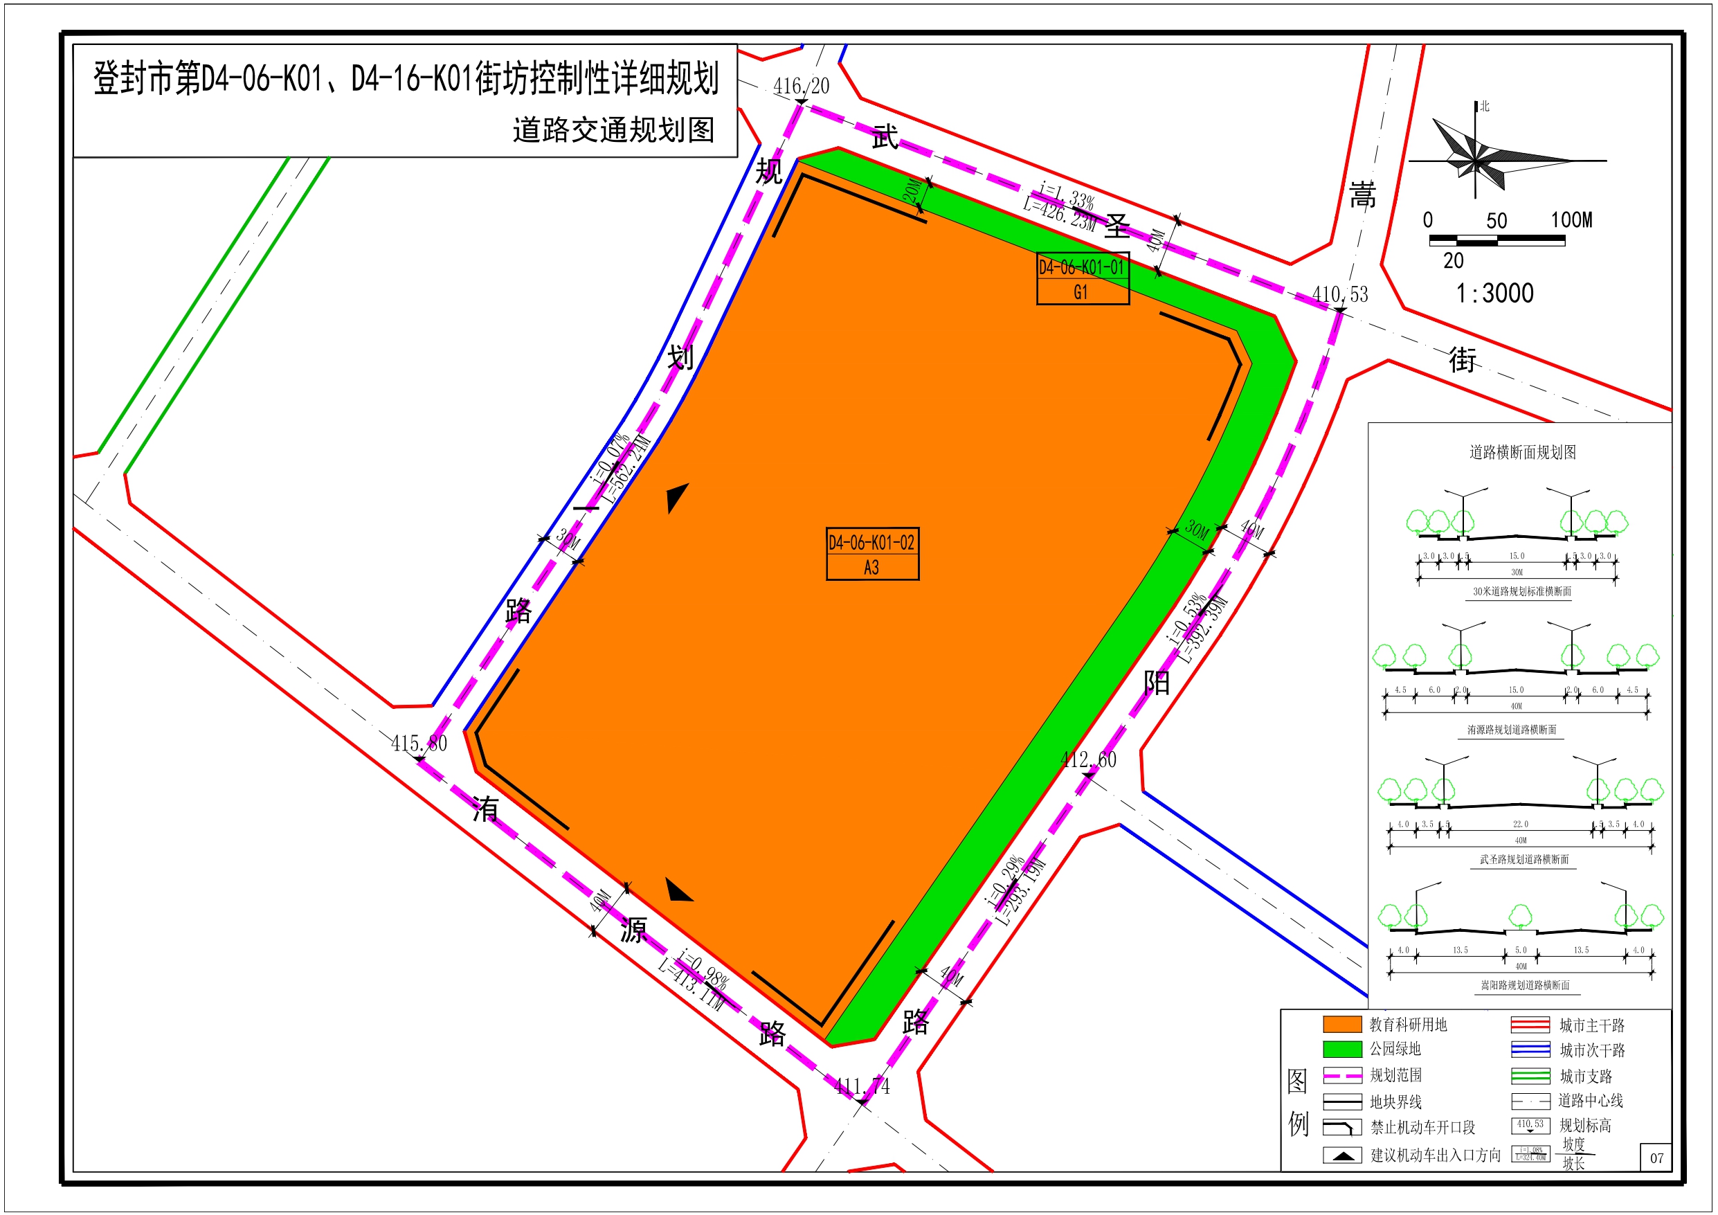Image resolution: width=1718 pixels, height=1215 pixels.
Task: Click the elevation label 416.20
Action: (x=801, y=87)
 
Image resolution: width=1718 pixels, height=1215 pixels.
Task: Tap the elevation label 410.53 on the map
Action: (x=1340, y=295)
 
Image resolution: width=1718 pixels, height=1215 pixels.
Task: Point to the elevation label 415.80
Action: (x=419, y=744)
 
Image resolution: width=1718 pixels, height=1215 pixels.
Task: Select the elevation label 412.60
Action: (x=1088, y=760)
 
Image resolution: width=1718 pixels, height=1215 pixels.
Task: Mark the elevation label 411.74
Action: (x=862, y=1086)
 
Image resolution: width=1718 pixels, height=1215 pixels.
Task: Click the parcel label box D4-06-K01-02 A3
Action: (x=872, y=554)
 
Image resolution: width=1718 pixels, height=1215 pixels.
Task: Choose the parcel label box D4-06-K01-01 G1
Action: (x=1083, y=279)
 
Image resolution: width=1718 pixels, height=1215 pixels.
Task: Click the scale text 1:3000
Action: (x=1494, y=294)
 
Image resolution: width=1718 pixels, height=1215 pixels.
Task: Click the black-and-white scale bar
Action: (x=1497, y=240)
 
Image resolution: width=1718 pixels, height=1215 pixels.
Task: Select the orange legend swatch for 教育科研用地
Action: (x=1342, y=1024)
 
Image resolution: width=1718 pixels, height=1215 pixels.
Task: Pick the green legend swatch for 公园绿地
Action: (x=1342, y=1049)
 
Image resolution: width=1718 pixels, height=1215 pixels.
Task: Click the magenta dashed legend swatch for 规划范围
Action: (x=1342, y=1075)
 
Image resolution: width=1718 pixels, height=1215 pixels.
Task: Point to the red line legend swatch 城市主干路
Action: (x=1530, y=1025)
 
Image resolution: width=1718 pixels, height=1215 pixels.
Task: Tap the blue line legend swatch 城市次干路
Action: (x=1530, y=1050)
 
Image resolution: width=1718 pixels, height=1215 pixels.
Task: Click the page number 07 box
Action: (x=1656, y=1158)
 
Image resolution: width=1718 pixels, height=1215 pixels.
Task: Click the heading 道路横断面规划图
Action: (x=1523, y=452)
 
